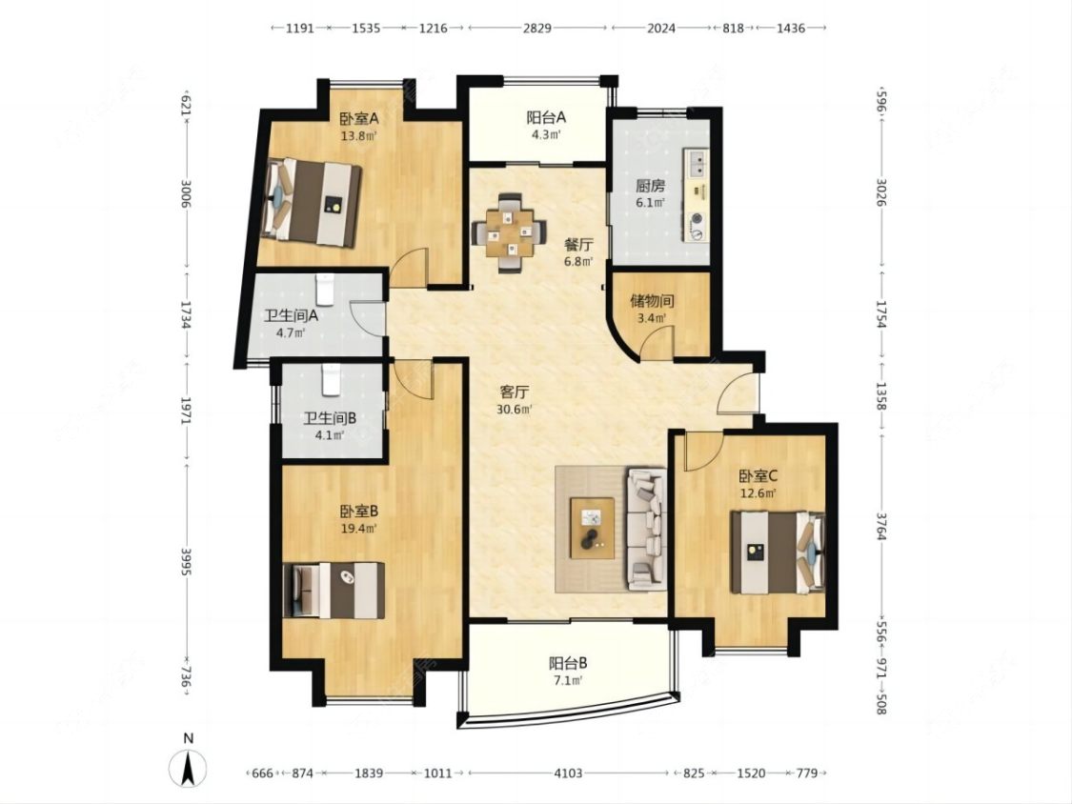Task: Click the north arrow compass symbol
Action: tap(189, 767)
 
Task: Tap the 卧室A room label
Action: tap(359, 117)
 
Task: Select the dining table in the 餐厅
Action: tap(510, 232)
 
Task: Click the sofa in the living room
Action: tap(646, 529)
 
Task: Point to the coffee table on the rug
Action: tap(592, 529)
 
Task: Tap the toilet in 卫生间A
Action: tap(325, 289)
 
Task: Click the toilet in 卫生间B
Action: tap(331, 380)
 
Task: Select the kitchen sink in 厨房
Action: tap(698, 162)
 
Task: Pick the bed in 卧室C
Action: tap(778, 553)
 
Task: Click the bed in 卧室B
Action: tap(334, 590)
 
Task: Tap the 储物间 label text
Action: tap(652, 301)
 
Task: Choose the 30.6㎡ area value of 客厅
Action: tap(515, 410)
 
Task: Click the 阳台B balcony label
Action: tap(568, 663)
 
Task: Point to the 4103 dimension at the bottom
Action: tap(568, 774)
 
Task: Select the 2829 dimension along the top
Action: tap(537, 28)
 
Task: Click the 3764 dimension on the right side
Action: tap(882, 526)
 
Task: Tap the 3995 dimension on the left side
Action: tap(185, 561)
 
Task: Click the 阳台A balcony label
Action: tap(546, 117)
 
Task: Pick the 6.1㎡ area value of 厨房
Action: tap(650, 202)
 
